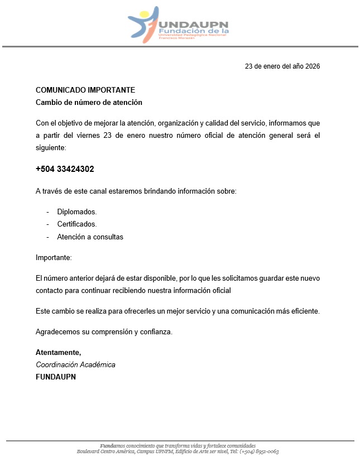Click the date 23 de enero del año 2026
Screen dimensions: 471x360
(x=282, y=66)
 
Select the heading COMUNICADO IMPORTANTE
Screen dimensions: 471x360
(x=85, y=90)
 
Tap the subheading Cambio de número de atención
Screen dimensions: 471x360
(x=89, y=102)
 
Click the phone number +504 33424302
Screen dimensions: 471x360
(x=65, y=169)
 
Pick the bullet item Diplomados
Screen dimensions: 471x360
(x=77, y=212)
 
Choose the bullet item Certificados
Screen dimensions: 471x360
(x=77, y=224)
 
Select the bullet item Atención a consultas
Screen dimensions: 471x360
(x=90, y=237)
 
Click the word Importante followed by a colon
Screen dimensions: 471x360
(x=54, y=257)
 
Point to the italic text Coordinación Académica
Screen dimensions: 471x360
(x=75, y=364)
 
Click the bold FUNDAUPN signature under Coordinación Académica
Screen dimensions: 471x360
(x=56, y=377)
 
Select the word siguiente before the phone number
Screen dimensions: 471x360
(x=51, y=148)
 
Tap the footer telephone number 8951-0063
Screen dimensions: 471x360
(x=267, y=451)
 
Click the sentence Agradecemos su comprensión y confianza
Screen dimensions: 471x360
(x=104, y=331)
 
